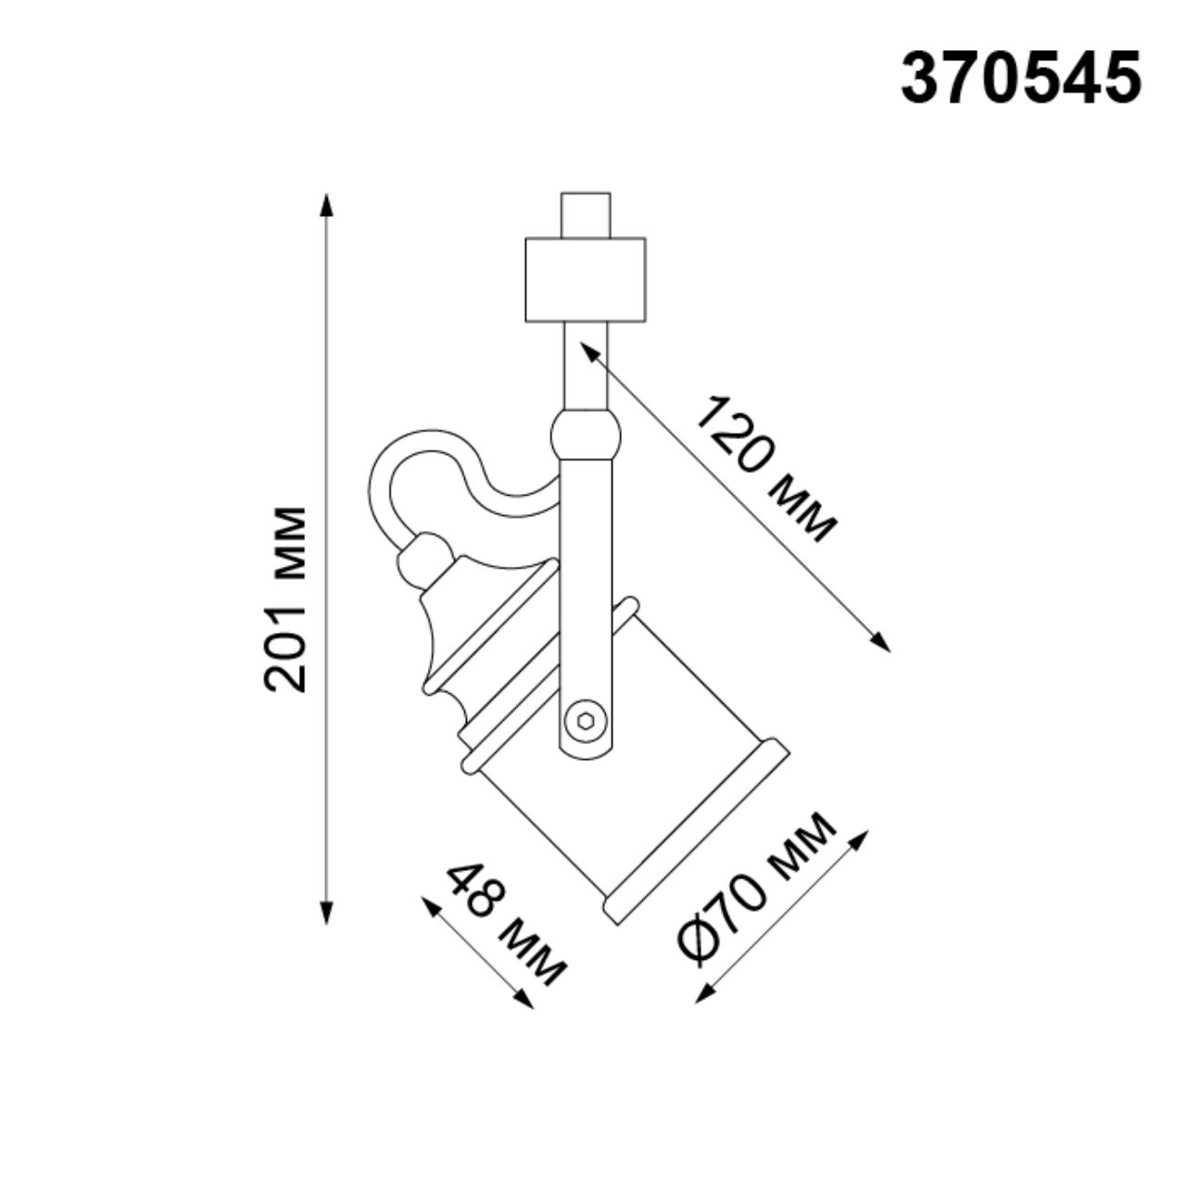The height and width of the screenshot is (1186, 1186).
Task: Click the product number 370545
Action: click(1020, 78)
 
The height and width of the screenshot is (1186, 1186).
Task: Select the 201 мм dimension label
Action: click(285, 599)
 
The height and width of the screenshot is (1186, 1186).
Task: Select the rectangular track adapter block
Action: click(585, 280)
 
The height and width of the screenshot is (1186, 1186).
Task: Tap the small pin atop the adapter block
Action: click(586, 215)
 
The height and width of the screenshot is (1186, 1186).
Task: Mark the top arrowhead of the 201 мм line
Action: click(325, 202)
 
